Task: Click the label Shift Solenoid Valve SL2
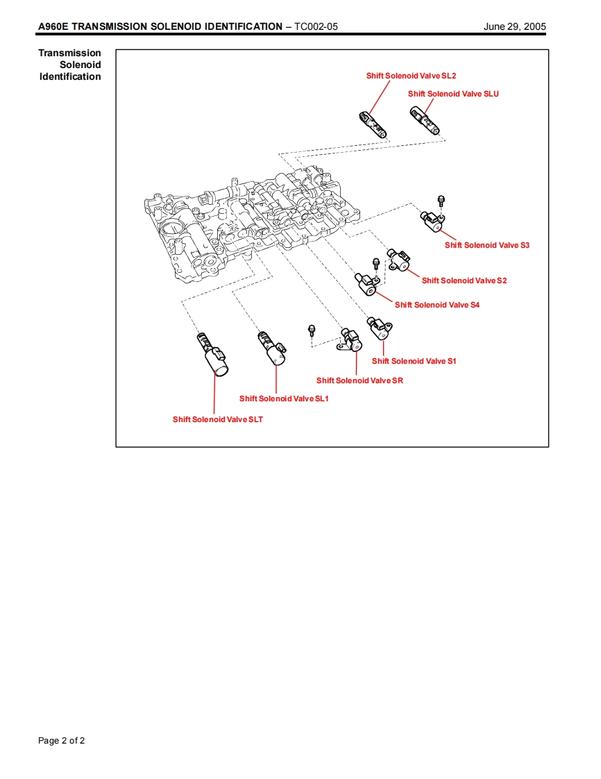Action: [x=411, y=76]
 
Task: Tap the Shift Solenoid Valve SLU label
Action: [x=453, y=94]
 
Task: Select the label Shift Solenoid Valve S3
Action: [x=486, y=245]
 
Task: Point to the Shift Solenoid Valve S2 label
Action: [x=464, y=280]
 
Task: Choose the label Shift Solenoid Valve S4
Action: [x=437, y=305]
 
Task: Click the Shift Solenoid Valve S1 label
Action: [x=414, y=361]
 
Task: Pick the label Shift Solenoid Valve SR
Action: [x=359, y=380]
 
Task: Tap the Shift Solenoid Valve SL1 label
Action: [x=284, y=399]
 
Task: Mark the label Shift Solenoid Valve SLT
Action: [x=218, y=419]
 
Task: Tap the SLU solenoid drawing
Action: [x=424, y=121]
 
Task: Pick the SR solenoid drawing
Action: [x=353, y=340]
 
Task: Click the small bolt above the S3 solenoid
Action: [x=441, y=201]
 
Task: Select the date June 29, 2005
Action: [x=514, y=26]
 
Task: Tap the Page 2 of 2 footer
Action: [x=61, y=741]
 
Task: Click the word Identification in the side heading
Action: [x=70, y=76]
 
